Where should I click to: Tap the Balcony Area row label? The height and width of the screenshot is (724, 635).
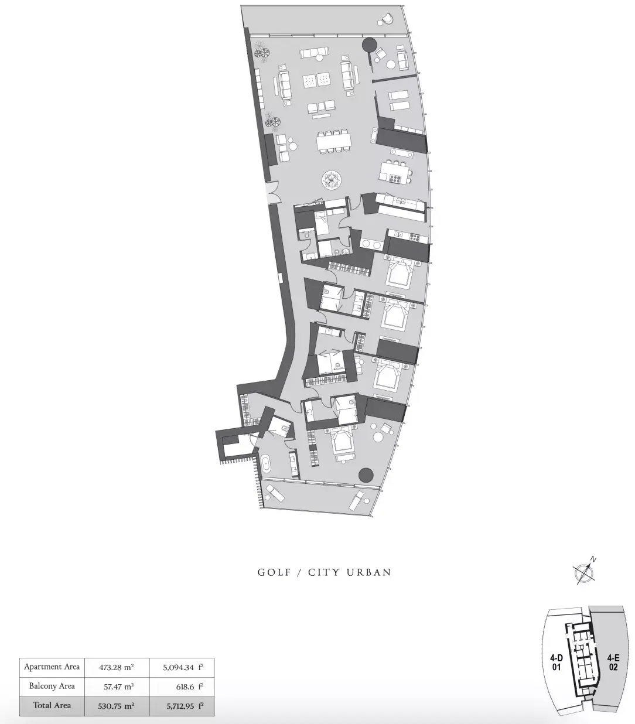click(x=52, y=686)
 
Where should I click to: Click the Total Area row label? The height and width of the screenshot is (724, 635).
click(x=52, y=705)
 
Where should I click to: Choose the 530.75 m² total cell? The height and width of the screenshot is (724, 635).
click(x=117, y=706)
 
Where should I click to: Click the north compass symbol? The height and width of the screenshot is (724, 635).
click(x=584, y=571)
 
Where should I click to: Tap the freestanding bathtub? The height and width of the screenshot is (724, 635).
click(x=267, y=464)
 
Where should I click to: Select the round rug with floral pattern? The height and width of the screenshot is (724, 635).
click(x=332, y=180)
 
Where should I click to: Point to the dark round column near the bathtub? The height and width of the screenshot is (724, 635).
click(x=366, y=474)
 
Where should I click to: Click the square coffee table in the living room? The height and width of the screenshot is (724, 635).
click(x=316, y=81)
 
